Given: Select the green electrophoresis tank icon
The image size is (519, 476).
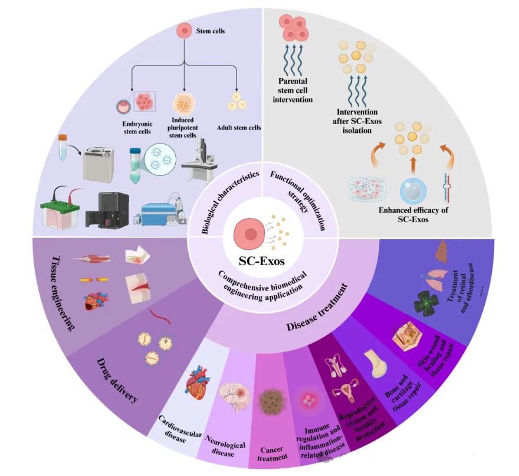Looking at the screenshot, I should [61, 209].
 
